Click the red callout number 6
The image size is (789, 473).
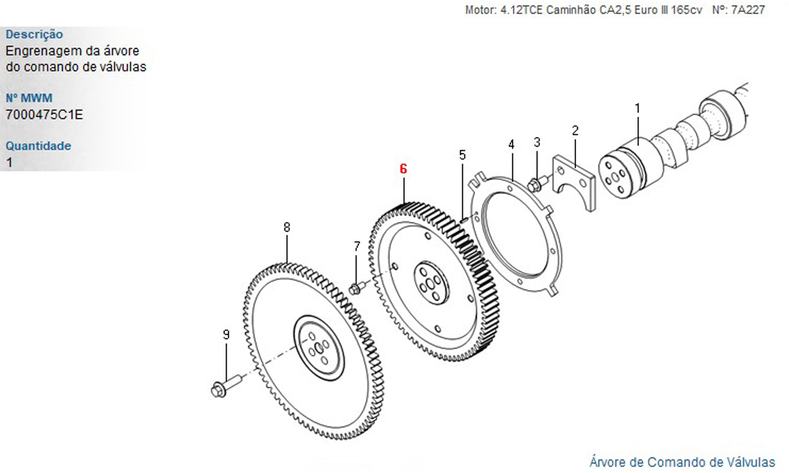(x=403, y=169)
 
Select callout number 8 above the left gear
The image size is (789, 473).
(x=287, y=227)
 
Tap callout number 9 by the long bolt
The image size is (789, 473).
(x=226, y=334)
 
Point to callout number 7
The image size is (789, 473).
(x=357, y=246)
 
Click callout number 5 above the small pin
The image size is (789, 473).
(x=462, y=155)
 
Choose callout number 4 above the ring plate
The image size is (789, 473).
(x=512, y=144)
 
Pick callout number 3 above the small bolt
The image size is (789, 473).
(x=537, y=142)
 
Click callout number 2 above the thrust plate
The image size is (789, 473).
(x=575, y=131)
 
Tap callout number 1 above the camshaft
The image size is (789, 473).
(x=638, y=108)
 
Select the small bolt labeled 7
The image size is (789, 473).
(x=357, y=288)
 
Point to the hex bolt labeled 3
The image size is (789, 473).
(x=537, y=182)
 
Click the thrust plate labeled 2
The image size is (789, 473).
(x=574, y=182)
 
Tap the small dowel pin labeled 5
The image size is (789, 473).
(x=465, y=218)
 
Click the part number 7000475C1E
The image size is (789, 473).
(x=44, y=115)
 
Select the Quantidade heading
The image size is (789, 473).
(x=38, y=146)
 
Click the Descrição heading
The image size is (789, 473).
(x=34, y=35)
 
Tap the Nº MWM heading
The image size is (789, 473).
(x=29, y=98)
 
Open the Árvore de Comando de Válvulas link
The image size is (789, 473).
(x=682, y=462)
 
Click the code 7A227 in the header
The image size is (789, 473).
(x=748, y=9)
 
